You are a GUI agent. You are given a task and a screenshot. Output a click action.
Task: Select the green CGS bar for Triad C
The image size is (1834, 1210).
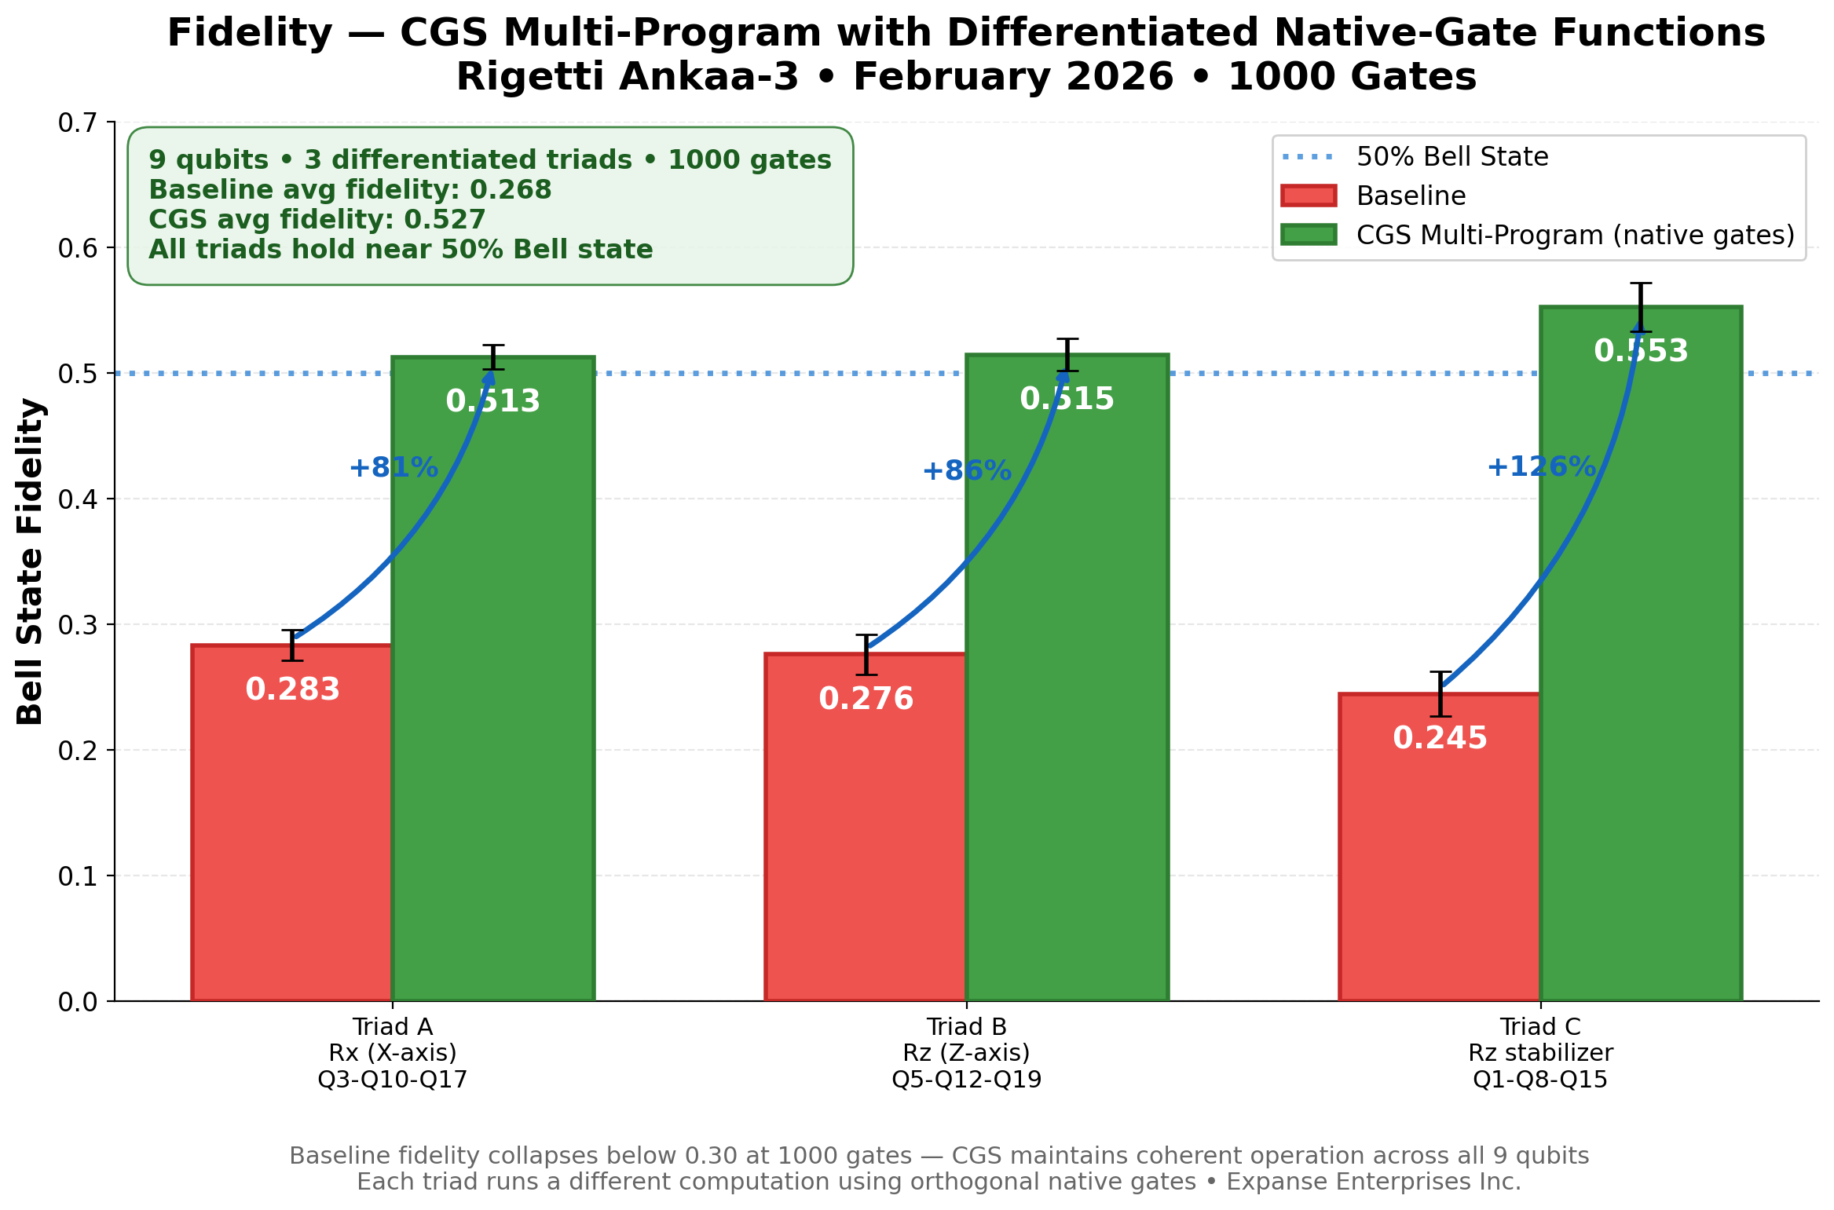(1640, 667)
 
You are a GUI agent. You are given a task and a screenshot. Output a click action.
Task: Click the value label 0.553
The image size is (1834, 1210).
(1640, 351)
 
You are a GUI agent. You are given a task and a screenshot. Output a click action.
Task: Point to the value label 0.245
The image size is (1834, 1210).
(1440, 738)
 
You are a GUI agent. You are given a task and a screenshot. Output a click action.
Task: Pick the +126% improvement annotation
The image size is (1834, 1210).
(1541, 467)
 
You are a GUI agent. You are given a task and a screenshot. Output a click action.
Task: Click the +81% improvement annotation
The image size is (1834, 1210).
(393, 468)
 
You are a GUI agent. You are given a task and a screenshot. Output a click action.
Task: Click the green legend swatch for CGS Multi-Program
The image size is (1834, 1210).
(1308, 235)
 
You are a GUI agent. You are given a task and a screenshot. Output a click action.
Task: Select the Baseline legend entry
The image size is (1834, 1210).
(1411, 196)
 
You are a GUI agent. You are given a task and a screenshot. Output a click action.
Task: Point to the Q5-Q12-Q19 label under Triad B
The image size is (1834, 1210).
(966, 1080)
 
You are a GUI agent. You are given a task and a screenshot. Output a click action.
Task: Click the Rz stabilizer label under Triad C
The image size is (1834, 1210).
(1540, 1053)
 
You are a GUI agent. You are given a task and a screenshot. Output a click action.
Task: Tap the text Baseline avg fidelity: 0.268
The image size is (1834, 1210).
(350, 190)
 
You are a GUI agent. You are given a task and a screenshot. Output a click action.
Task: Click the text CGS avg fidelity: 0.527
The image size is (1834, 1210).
(317, 220)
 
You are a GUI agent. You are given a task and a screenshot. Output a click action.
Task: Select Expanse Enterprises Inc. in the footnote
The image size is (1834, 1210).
(1374, 1182)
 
